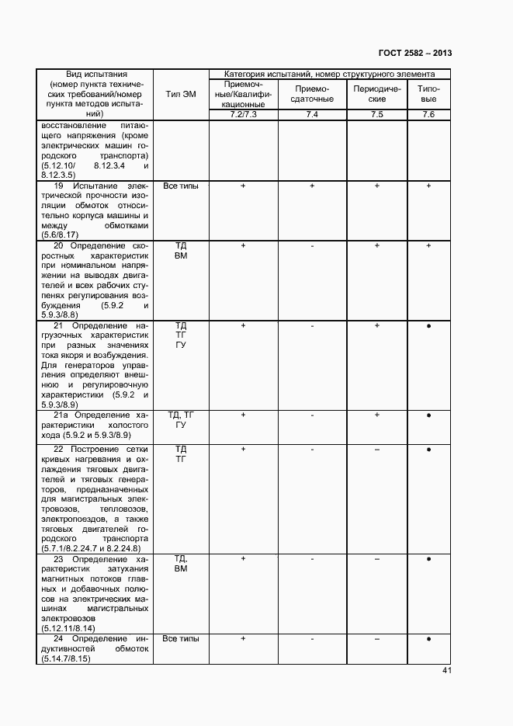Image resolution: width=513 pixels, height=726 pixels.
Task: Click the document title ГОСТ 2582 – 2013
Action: click(414, 53)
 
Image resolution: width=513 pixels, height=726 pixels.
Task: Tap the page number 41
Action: click(447, 671)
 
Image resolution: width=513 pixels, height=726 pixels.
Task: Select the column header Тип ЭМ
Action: click(180, 94)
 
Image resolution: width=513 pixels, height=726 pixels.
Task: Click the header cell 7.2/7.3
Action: click(244, 115)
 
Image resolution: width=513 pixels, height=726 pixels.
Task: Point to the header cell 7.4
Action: click(312, 115)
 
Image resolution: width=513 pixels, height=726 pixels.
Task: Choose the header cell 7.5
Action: click(376, 115)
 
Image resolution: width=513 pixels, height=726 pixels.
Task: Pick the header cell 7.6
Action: click(428, 115)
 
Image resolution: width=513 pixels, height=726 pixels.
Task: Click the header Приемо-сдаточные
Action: click(312, 94)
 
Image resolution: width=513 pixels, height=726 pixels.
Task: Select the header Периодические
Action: click(376, 94)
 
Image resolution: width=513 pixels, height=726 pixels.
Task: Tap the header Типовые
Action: click(428, 94)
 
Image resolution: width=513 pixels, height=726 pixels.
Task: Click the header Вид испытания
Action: click(95, 75)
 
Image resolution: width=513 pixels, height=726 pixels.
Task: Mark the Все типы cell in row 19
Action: click(180, 186)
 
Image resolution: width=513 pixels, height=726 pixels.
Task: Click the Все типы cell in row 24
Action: click(180, 638)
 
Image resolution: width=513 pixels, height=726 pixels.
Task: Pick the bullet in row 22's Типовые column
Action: click(428, 450)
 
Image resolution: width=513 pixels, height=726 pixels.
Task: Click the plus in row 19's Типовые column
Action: click(428, 186)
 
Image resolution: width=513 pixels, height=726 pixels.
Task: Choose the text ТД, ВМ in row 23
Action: click(180, 564)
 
